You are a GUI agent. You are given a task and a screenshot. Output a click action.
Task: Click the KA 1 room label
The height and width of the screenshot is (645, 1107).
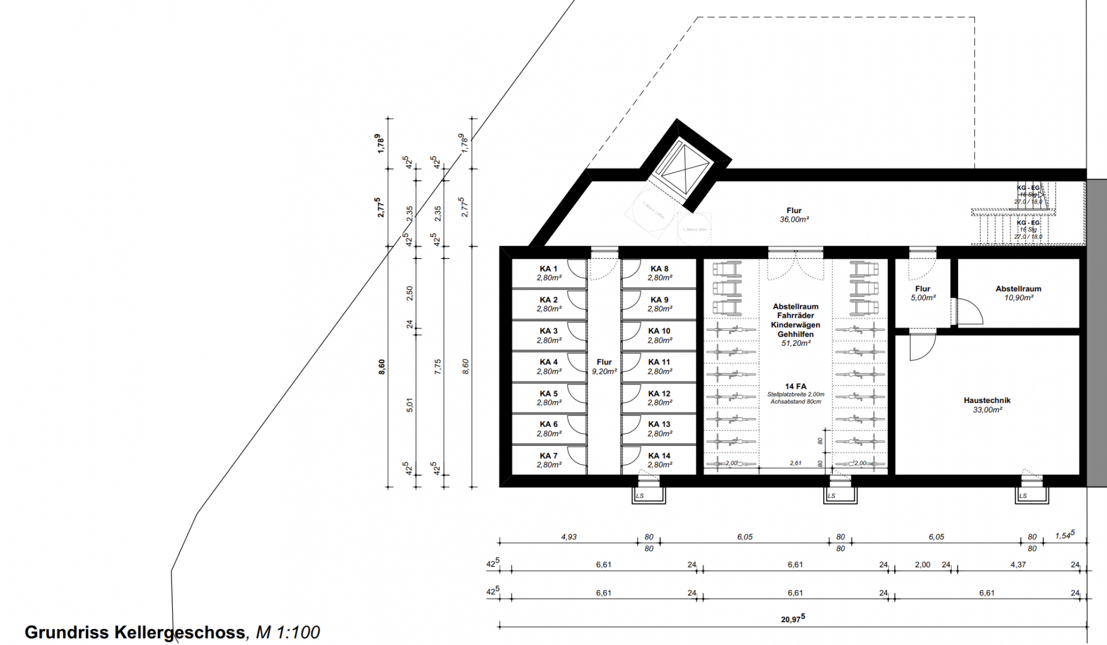(x=548, y=269)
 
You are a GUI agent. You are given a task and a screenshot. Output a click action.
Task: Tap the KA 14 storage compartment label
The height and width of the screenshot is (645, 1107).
(x=659, y=456)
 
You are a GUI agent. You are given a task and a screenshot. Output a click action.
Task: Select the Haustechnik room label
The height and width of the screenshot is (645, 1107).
(x=987, y=401)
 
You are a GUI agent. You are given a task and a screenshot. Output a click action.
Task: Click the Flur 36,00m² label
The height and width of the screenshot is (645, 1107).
(x=794, y=215)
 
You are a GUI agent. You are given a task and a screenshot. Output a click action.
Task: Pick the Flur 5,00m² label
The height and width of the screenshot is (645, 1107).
(x=922, y=293)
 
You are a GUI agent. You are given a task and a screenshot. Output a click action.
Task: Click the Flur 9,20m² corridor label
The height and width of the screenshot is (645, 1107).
(x=604, y=367)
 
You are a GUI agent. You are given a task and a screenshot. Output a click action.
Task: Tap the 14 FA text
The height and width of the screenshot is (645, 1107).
(x=796, y=386)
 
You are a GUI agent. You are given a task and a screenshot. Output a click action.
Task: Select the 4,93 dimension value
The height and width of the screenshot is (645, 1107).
(x=569, y=537)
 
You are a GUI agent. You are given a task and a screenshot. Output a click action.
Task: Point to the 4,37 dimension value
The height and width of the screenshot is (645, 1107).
(x=1018, y=564)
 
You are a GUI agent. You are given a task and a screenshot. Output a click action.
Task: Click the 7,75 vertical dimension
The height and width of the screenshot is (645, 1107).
(x=438, y=367)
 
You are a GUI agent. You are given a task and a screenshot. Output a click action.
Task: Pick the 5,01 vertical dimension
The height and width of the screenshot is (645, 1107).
(x=410, y=405)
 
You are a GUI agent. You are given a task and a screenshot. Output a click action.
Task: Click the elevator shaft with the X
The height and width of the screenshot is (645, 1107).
(x=682, y=167)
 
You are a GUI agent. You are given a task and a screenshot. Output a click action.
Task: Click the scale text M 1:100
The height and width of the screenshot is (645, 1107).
(x=288, y=632)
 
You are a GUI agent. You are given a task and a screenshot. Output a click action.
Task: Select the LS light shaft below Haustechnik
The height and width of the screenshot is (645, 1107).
(x=1032, y=494)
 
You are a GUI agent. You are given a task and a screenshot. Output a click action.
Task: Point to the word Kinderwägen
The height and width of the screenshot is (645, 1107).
(x=795, y=325)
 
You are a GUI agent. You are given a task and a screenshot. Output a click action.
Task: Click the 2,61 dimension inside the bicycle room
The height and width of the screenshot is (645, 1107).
(x=795, y=463)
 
